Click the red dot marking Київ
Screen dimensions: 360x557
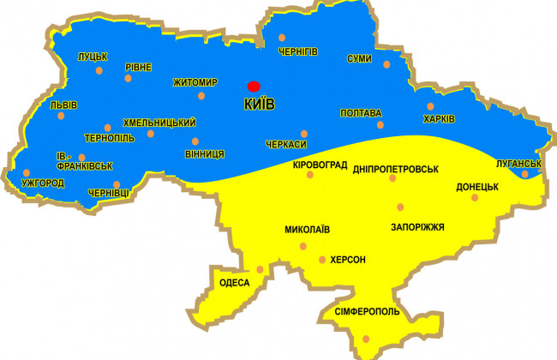point(253,86)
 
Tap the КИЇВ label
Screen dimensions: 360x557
point(260,104)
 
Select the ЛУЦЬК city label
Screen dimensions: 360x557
point(92,57)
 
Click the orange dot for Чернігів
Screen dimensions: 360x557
point(282,38)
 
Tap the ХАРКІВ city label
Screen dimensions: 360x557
point(440,117)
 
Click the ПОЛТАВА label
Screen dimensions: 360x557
point(361,113)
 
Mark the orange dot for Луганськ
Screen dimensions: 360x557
point(524,175)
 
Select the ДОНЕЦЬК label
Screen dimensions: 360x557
point(477,186)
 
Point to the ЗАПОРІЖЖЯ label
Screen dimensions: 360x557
point(417,227)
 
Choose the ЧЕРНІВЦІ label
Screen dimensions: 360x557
point(109,194)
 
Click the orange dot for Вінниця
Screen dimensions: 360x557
point(195,141)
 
